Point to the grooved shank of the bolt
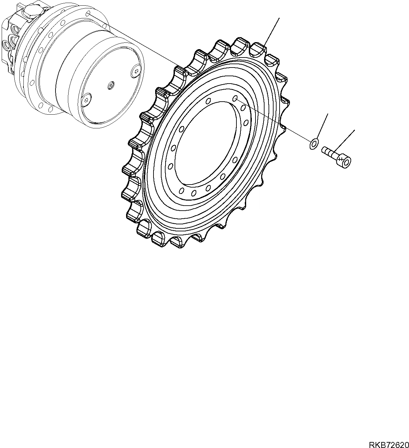[329, 153]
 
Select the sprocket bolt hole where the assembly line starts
[235, 98]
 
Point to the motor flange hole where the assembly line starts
[88, 14]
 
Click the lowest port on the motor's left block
[6, 44]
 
